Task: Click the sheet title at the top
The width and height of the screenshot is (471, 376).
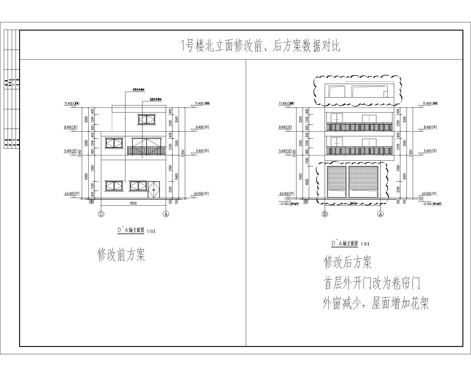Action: tap(260, 46)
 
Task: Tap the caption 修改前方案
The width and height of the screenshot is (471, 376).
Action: tap(121, 254)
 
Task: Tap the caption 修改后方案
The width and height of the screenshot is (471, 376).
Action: tap(348, 262)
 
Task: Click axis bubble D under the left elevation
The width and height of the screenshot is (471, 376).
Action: tap(101, 214)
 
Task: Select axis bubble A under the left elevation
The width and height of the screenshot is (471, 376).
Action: tap(166, 214)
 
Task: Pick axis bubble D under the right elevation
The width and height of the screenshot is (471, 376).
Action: tap(325, 214)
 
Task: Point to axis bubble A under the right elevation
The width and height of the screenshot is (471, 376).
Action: tap(381, 214)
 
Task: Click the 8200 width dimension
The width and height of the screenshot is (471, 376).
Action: tap(134, 203)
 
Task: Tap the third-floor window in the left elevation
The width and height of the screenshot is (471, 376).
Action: tap(146, 119)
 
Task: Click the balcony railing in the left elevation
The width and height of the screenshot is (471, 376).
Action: tap(147, 151)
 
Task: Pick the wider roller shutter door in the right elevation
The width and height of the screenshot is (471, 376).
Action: tap(363, 182)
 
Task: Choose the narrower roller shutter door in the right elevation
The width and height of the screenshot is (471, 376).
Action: tap(337, 182)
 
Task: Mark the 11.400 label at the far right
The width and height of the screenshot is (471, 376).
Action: tap(430, 103)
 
